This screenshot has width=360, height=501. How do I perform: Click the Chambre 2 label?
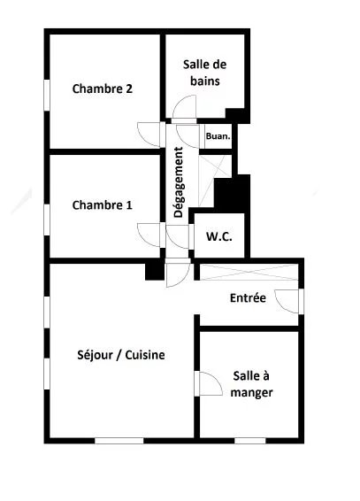tap(103, 89)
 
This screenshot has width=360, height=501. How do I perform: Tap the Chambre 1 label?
tap(103, 205)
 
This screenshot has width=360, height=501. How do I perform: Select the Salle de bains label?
tap(202, 72)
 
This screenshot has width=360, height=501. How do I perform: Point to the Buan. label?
tap(218, 136)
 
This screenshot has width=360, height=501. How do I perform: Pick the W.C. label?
tap(218, 237)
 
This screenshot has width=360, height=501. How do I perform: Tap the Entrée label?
tap(248, 298)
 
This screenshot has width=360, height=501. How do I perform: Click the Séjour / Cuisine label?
tap(122, 355)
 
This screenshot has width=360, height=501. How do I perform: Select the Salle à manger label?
tap(251, 384)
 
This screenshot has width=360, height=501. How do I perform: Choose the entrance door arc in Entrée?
tap(287, 300)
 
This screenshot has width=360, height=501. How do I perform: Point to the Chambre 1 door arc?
tap(149, 234)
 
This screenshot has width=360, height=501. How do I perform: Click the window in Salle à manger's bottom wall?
tap(250, 439)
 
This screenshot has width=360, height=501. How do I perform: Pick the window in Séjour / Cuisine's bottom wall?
tap(119, 439)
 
